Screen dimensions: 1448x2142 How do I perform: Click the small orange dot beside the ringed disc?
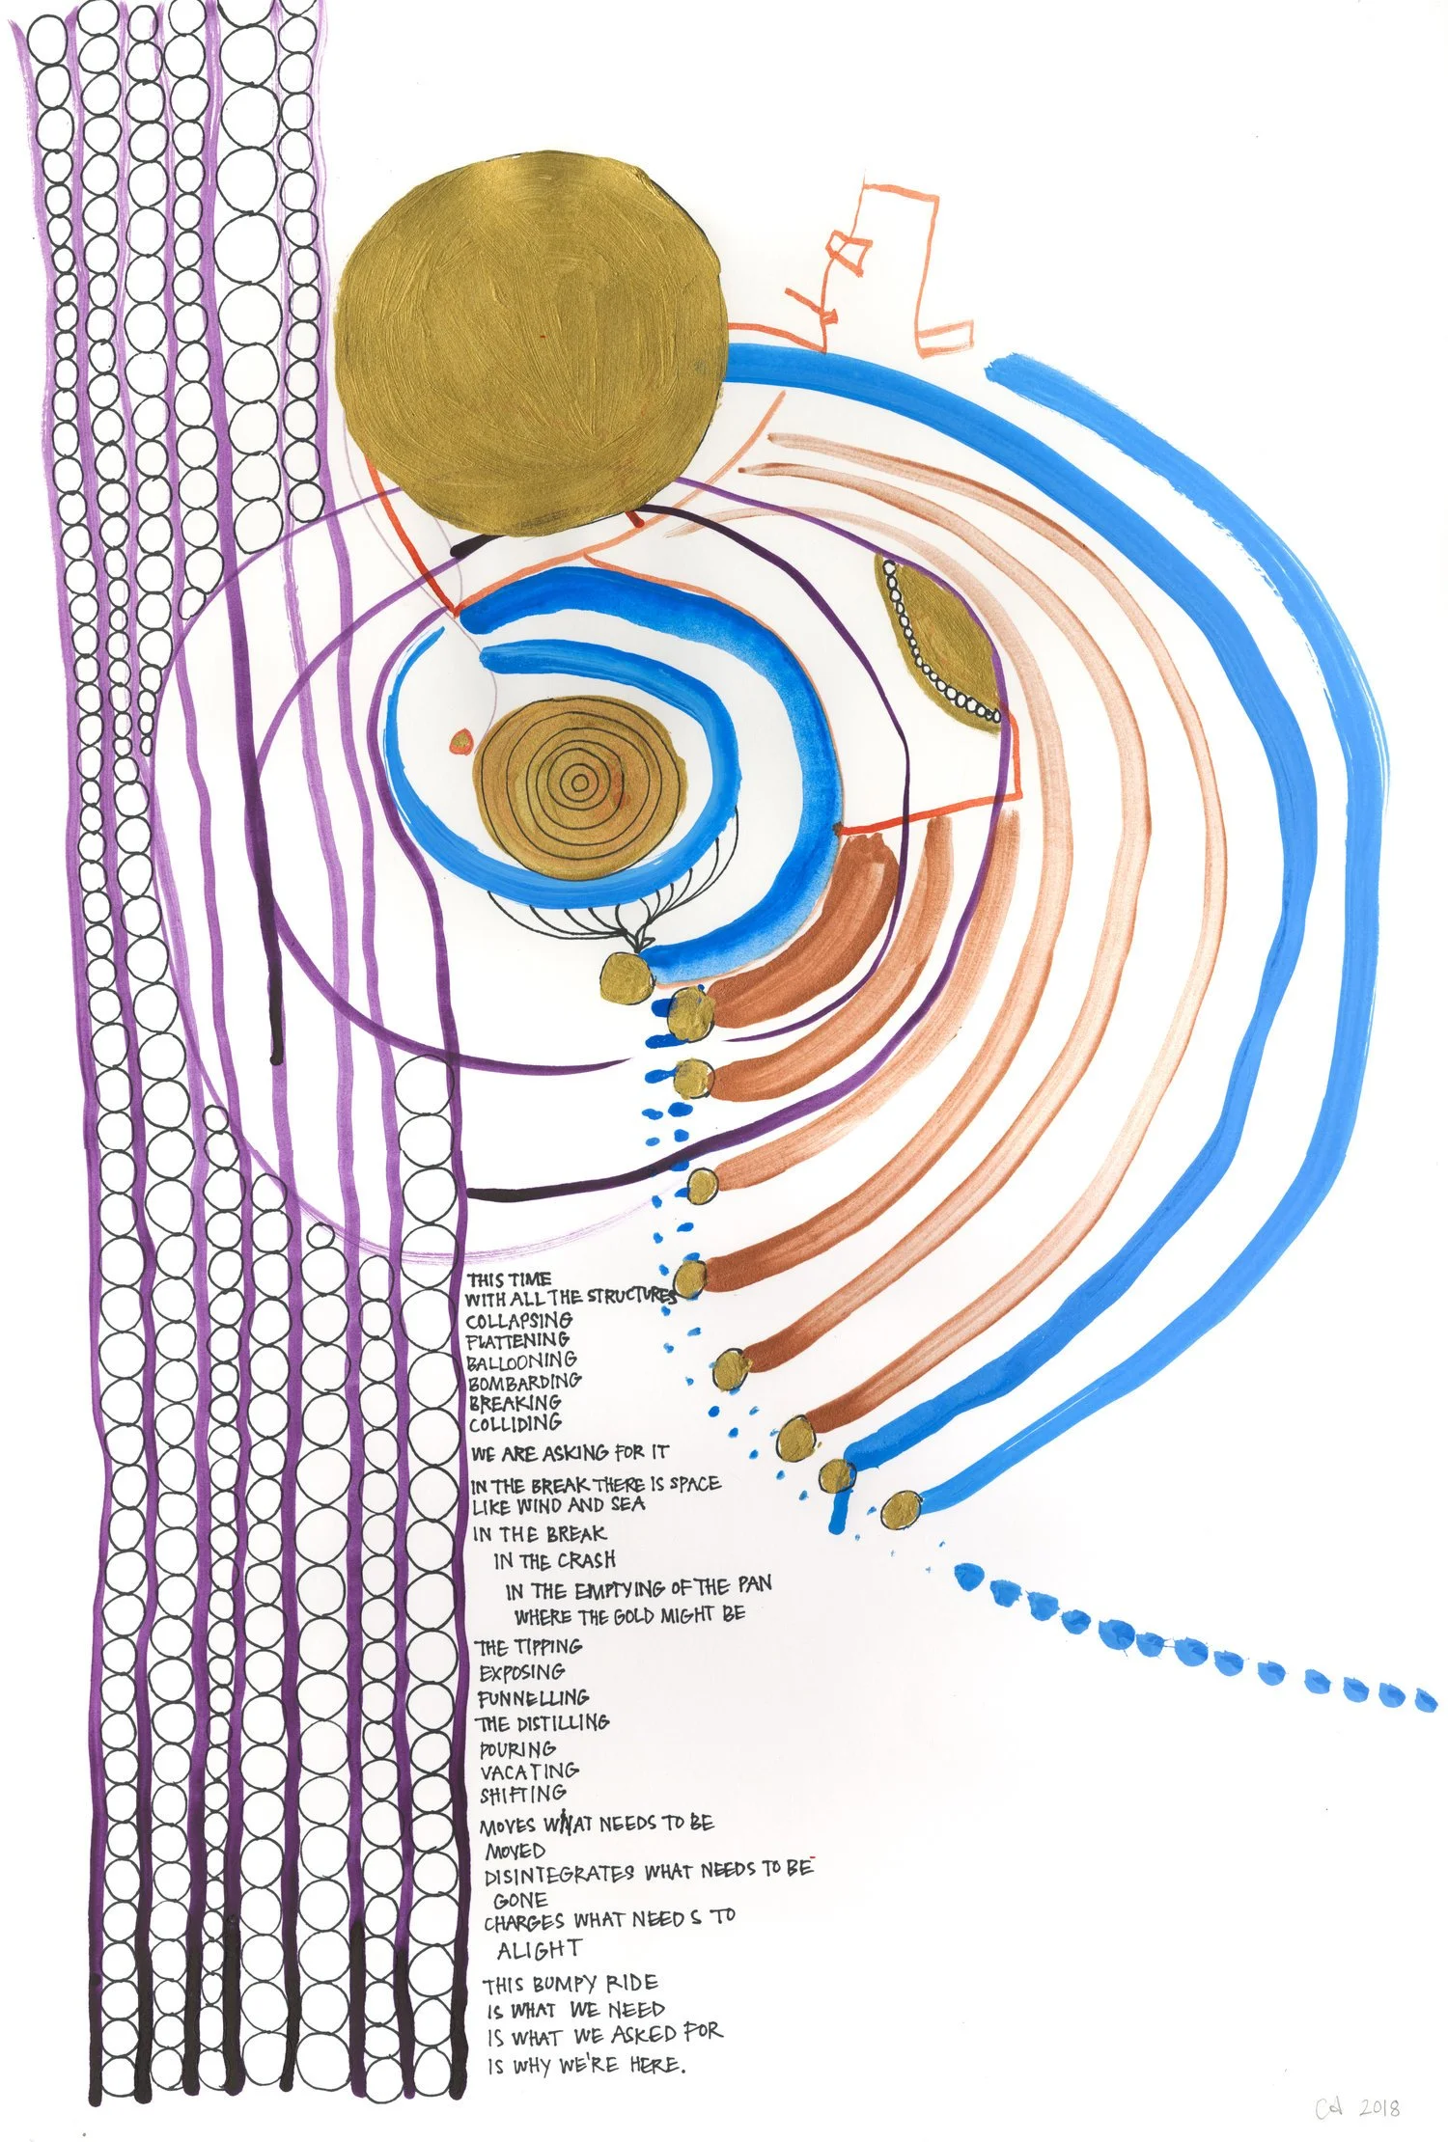(x=461, y=740)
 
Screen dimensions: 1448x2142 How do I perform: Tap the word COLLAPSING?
(x=518, y=1320)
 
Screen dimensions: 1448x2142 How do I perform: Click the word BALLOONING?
(x=521, y=1361)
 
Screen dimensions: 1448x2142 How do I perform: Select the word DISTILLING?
(x=561, y=1722)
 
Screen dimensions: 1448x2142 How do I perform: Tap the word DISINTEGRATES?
(x=559, y=1874)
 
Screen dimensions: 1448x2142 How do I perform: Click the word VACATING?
(x=529, y=1771)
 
